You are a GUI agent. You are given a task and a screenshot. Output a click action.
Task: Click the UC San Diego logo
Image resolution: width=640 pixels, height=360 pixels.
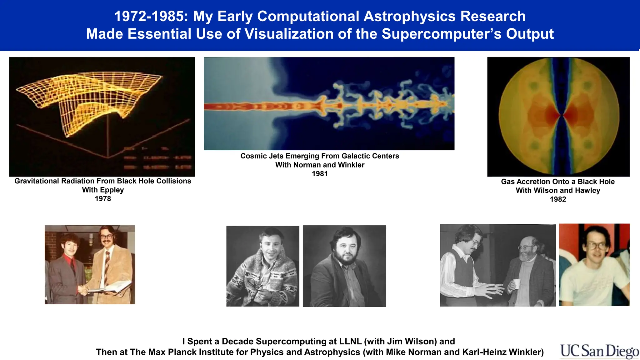tap(599, 351)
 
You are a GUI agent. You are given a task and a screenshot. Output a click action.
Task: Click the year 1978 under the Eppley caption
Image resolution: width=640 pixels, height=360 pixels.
tap(103, 199)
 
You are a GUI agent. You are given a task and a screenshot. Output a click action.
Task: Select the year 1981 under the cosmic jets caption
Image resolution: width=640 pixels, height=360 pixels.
tap(320, 174)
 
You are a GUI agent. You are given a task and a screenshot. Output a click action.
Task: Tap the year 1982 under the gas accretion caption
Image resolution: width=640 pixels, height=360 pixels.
tap(558, 199)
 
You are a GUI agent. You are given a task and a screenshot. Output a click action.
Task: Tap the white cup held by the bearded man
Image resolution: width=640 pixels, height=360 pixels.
tap(517, 284)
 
